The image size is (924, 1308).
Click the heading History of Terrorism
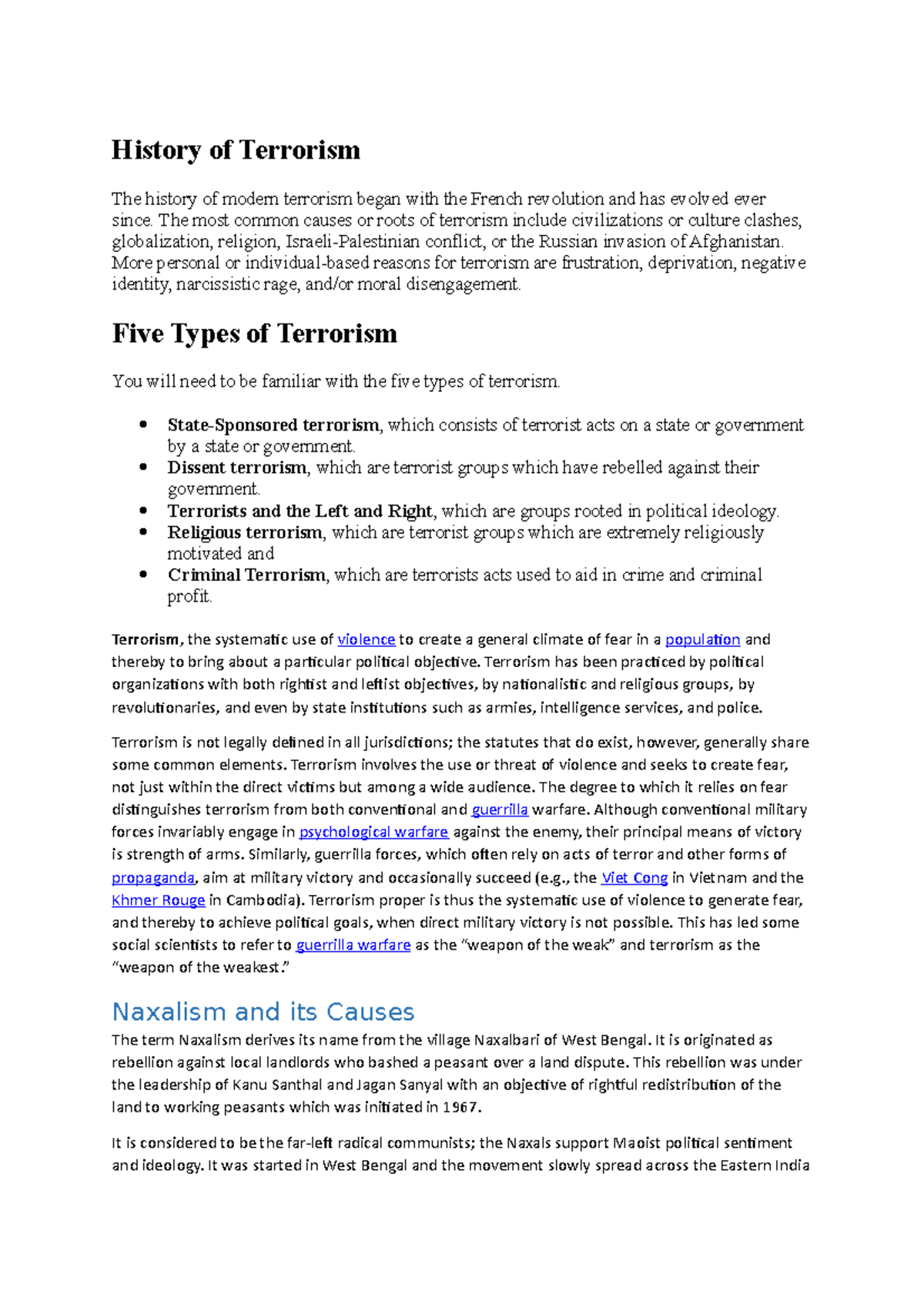(236, 149)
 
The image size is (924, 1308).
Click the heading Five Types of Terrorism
(255, 334)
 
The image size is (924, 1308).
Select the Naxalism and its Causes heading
(263, 1011)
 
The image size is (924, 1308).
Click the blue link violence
(366, 639)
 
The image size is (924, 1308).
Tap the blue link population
(702, 639)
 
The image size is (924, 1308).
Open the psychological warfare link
(373, 832)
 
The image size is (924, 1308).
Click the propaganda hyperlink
(152, 877)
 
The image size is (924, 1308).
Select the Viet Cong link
(634, 877)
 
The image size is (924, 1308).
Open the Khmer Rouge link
(158, 900)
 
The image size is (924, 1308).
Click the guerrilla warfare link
(353, 944)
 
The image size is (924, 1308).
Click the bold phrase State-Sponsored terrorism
(273, 425)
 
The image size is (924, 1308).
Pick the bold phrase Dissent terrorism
(237, 468)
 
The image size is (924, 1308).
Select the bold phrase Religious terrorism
(245, 532)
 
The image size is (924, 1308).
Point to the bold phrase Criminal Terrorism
(246, 575)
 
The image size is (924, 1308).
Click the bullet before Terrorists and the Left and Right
(142, 511)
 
